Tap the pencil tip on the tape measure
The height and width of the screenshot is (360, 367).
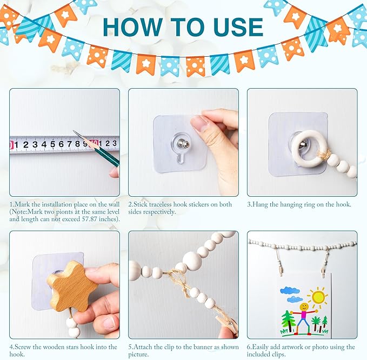pyautogui.click(x=74, y=131)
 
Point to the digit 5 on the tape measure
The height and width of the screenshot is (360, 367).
pyautogui.click(x=52, y=144)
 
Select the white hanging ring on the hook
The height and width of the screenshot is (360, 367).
pyautogui.click(x=308, y=149)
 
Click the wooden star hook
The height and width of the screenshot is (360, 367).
pyautogui.click(x=72, y=286)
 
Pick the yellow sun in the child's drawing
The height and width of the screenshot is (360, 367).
pyautogui.click(x=318, y=297)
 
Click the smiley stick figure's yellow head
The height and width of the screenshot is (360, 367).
pyautogui.click(x=304, y=306)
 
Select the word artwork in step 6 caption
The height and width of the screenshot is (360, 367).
pyautogui.click(x=295, y=347)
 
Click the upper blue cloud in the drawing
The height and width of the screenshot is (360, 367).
pyautogui.click(x=290, y=290)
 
